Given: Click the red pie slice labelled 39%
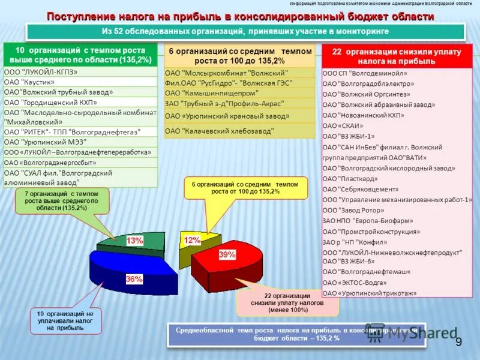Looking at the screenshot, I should point(231,261).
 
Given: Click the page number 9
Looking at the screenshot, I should point(458,342).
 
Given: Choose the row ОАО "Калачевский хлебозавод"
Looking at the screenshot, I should point(239,131).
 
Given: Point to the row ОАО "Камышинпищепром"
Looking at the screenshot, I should point(239,93).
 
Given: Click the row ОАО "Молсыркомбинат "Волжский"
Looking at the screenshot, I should point(239,73).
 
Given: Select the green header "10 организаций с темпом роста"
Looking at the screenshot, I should point(80,55).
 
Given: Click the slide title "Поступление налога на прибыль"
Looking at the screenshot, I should point(239,16).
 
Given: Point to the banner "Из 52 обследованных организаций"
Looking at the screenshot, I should point(245,31).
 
